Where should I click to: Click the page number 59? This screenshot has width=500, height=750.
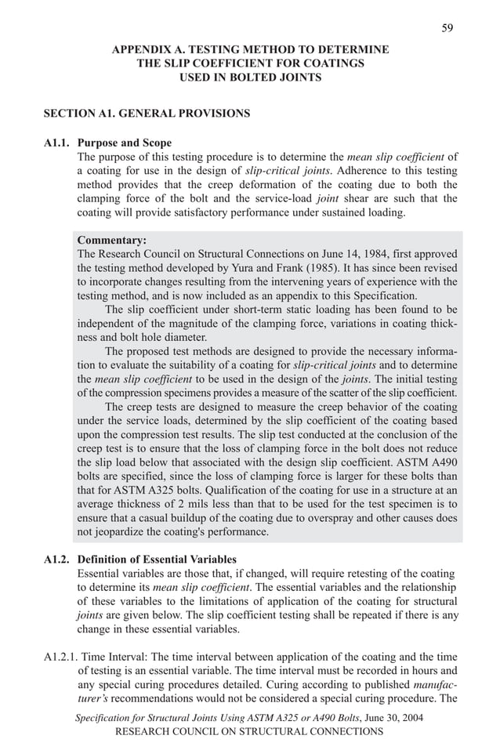[x=447, y=28]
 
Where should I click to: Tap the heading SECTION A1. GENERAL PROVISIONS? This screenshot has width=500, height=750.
[x=147, y=114]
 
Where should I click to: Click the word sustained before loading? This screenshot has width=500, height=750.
[x=343, y=212]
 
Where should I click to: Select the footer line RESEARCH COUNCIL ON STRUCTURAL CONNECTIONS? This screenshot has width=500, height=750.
[x=249, y=731]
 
